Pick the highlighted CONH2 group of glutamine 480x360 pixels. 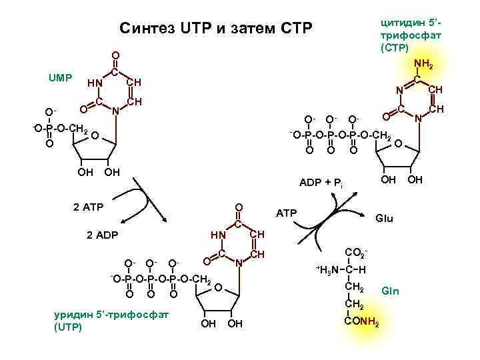[x=361, y=324]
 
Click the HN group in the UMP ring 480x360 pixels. [x=94, y=83]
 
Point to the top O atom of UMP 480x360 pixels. [x=115, y=55]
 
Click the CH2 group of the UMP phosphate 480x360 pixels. [x=77, y=129]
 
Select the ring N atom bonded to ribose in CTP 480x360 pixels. [x=417, y=119]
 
